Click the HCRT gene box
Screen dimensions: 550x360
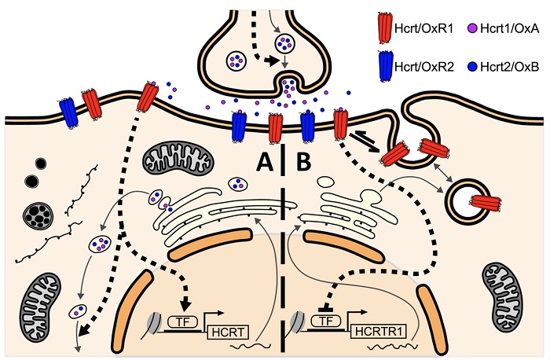tap(228, 332)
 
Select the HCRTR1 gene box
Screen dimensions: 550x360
tap(378, 332)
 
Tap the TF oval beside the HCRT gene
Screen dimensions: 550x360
tap(183, 321)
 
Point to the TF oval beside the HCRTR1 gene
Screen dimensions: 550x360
tap(326, 321)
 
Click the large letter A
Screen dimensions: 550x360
tap(265, 163)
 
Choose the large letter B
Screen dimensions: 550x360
tap(304, 163)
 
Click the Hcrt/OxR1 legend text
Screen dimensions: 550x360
tap(423, 29)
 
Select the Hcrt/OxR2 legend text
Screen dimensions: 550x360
tap(424, 67)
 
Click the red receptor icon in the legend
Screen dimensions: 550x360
tap(385, 28)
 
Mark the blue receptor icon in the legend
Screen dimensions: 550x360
tap(385, 66)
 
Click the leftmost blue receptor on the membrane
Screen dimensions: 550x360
tap(69, 113)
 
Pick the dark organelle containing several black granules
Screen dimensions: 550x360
tap(38, 215)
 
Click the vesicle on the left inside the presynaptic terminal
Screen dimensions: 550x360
tap(236, 61)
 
